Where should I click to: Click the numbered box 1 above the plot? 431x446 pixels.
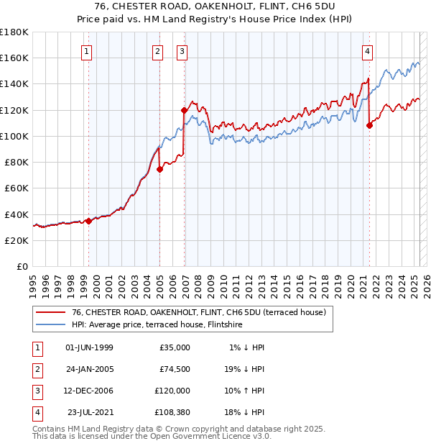tap(86, 51)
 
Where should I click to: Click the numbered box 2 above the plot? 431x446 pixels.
tap(157, 51)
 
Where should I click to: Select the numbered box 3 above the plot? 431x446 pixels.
tap(182, 51)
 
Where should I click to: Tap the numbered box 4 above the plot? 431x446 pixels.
tap(367, 51)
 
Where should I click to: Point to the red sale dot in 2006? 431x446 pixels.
tap(184, 110)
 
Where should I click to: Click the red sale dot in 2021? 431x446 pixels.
tap(369, 125)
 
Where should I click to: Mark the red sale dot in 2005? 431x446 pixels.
tap(159, 169)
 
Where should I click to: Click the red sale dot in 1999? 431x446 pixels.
tap(88, 221)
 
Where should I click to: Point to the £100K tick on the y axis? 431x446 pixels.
tap(14, 136)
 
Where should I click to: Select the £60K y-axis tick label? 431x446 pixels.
tap(17, 188)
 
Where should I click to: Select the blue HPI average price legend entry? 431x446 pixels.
tap(157, 325)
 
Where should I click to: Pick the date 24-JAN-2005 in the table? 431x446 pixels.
tap(89, 368)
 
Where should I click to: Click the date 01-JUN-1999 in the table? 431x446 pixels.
tap(89, 347)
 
